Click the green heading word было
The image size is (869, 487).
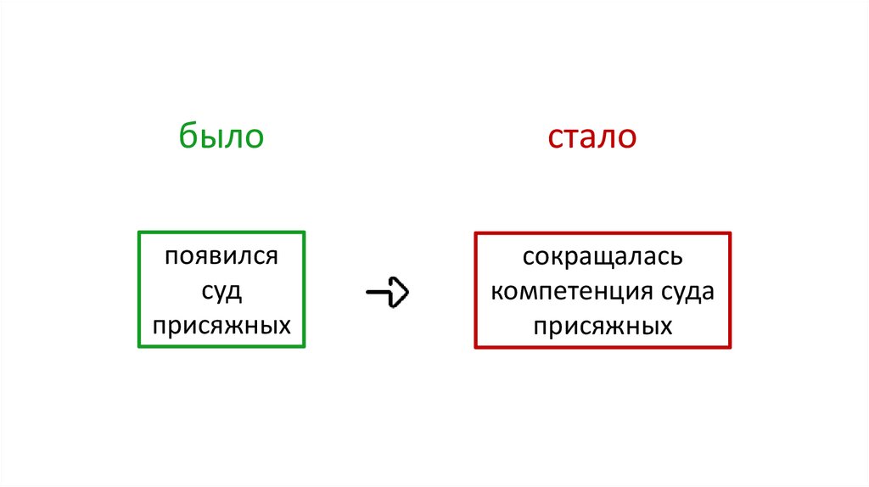point(221,137)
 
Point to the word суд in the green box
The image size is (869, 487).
point(221,291)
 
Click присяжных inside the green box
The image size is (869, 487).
point(221,325)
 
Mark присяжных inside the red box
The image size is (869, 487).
point(603,325)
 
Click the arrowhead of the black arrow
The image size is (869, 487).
point(401,292)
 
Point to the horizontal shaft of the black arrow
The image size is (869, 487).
point(378,292)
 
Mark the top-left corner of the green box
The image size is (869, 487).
point(139,232)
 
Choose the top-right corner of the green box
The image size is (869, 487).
point(304,232)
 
